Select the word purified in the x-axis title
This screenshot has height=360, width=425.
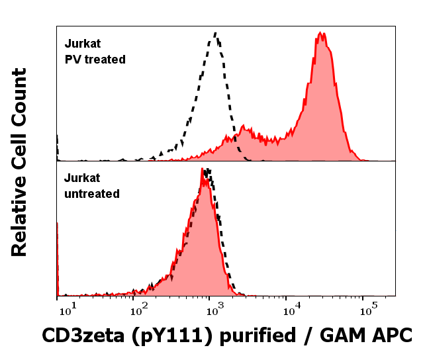tap(255, 336)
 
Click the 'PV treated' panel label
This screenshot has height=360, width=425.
tap(95, 60)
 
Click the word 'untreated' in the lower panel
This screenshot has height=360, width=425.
tap(91, 194)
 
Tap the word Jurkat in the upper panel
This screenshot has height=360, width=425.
tap(82, 44)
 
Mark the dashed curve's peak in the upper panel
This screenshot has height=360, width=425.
tap(215, 32)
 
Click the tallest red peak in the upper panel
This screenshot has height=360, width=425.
tap(321, 33)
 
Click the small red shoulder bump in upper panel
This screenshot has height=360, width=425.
tap(244, 126)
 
